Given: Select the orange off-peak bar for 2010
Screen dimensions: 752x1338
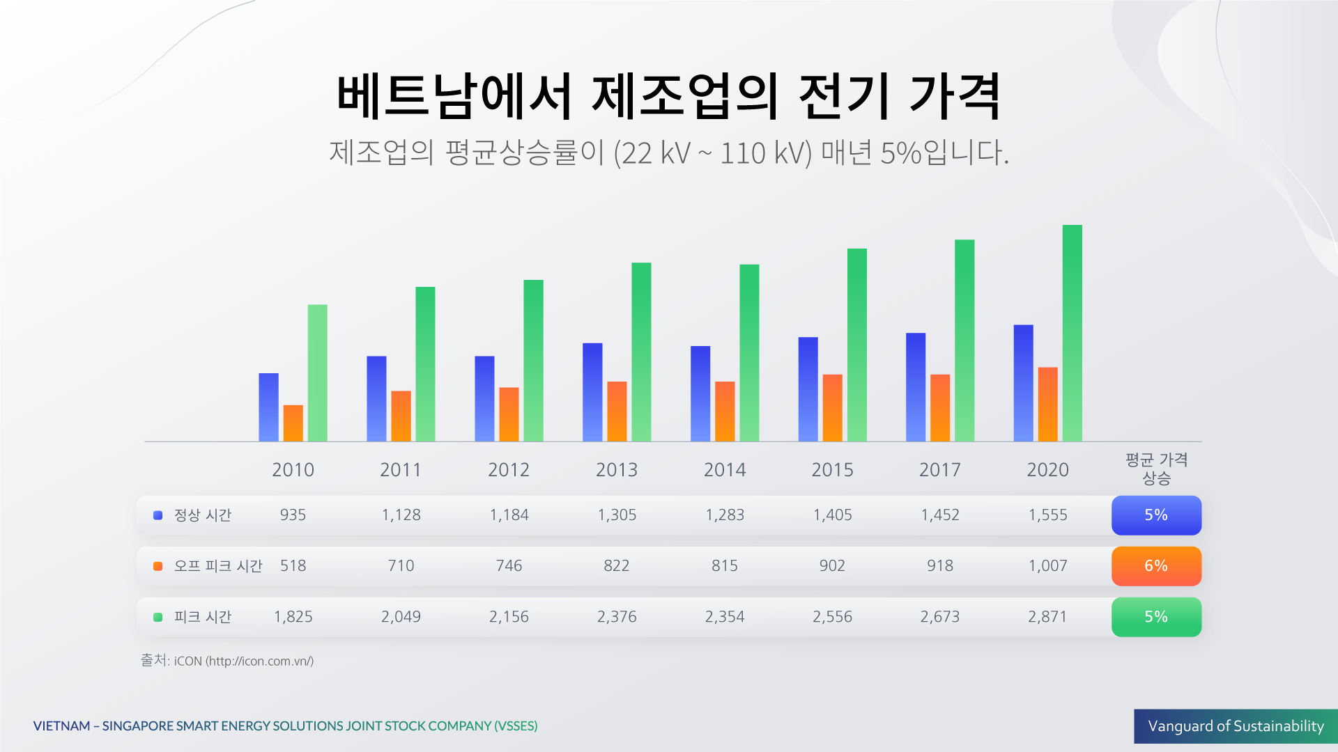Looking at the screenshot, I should [x=293, y=423].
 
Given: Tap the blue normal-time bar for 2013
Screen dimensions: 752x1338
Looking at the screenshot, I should [x=592, y=392].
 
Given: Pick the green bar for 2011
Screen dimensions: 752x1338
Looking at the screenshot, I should [x=425, y=363].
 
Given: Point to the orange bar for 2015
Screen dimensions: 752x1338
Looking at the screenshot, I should [x=832, y=407].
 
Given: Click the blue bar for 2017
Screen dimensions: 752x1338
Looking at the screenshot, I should [x=916, y=387].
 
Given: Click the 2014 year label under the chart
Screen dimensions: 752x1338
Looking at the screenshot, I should [x=724, y=470].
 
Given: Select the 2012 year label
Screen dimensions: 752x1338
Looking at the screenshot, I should [x=508, y=470].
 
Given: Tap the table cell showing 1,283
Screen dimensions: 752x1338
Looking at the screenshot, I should [x=724, y=515].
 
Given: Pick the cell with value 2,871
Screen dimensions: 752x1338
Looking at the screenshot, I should [x=1047, y=617].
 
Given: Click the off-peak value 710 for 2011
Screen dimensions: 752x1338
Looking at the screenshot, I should [x=401, y=566].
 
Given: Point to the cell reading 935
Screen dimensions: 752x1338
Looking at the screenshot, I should [x=293, y=515].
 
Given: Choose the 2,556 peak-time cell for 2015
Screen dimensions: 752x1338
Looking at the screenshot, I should [x=832, y=617].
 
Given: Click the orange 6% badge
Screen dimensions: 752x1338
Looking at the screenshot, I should [x=1155, y=566].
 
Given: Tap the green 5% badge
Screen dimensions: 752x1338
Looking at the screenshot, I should [x=1155, y=617].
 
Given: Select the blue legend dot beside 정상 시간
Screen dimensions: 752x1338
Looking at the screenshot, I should [x=158, y=515].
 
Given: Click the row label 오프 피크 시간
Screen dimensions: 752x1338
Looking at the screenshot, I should [x=217, y=566].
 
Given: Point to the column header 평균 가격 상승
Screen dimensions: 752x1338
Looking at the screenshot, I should [x=1155, y=469].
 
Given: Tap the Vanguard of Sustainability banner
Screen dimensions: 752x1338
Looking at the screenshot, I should [x=1235, y=726].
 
